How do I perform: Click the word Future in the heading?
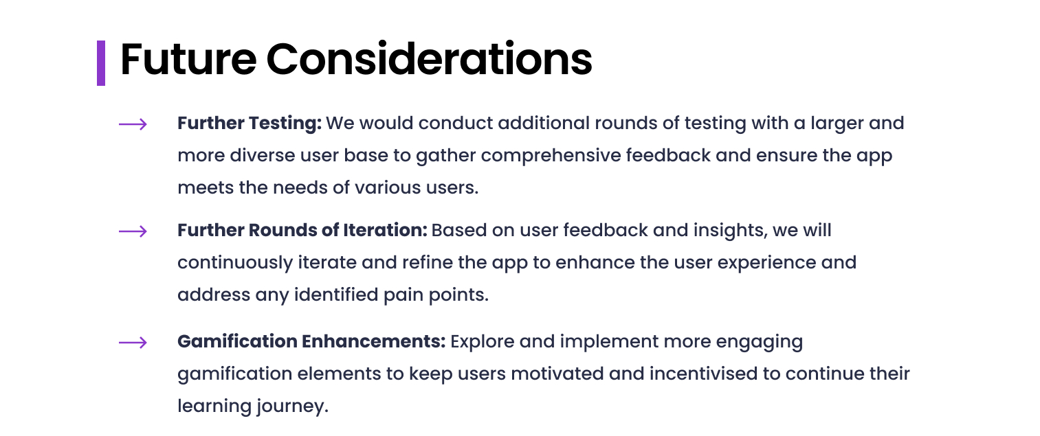pyautogui.click(x=188, y=59)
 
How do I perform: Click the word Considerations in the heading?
pyautogui.click(x=429, y=59)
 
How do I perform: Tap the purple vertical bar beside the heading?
pyautogui.click(x=101, y=63)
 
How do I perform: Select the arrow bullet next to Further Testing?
pyautogui.click(x=133, y=124)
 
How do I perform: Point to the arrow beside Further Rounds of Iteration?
pyautogui.click(x=133, y=231)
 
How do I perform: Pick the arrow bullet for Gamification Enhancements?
pyautogui.click(x=133, y=343)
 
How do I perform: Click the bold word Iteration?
pyautogui.click(x=385, y=230)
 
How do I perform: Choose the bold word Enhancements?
pyautogui.click(x=373, y=341)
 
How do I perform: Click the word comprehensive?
pyautogui.click(x=551, y=155)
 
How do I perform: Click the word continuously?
pyautogui.click(x=235, y=263)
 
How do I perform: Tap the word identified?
pyautogui.click(x=336, y=295)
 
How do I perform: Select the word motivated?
pyautogui.click(x=557, y=374)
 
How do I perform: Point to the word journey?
pyautogui.click(x=293, y=406)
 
